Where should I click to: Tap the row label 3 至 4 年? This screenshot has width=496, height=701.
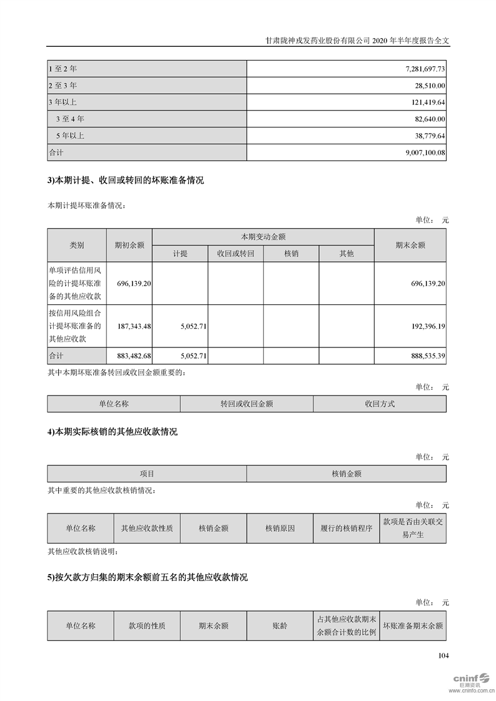click(69, 119)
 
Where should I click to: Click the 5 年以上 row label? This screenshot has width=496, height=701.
click(69, 136)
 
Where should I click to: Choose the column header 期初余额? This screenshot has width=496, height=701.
click(129, 246)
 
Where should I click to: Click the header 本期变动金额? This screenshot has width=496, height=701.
click(263, 237)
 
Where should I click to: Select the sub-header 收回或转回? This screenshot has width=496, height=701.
click(235, 254)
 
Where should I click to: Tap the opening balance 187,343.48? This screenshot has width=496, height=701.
click(130, 326)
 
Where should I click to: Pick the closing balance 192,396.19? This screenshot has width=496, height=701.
click(423, 326)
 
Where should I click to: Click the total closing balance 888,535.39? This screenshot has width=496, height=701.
click(423, 355)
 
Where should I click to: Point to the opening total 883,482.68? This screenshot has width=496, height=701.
click(130, 355)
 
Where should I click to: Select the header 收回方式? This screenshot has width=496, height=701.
click(380, 404)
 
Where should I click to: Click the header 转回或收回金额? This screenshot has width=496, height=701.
click(246, 404)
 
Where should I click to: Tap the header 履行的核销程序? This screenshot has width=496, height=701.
click(346, 529)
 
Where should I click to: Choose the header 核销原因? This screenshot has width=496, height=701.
click(280, 529)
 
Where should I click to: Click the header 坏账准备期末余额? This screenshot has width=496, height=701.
click(413, 625)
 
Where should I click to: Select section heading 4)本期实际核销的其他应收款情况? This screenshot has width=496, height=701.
click(113, 432)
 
